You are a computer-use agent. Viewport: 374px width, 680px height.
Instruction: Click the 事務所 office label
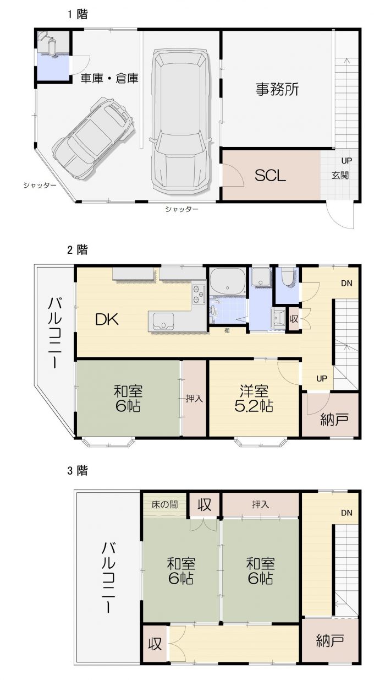(277, 89)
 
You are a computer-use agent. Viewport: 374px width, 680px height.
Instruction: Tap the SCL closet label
(270, 176)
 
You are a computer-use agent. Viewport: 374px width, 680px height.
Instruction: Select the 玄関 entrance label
(340, 175)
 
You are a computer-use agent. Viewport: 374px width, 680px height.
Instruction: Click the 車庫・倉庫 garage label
(109, 78)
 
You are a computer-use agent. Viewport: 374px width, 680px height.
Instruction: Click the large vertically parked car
(180, 121)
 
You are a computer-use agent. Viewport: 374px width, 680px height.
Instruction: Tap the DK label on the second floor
(107, 319)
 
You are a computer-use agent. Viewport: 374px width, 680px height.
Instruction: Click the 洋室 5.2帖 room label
(254, 398)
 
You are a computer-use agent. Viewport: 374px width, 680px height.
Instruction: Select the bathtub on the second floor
(228, 281)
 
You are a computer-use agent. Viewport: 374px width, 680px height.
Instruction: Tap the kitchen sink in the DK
(163, 322)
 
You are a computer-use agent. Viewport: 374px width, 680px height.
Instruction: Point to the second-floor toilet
(288, 276)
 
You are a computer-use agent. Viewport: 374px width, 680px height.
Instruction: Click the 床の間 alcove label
(164, 504)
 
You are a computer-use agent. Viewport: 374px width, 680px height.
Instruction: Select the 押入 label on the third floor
(260, 504)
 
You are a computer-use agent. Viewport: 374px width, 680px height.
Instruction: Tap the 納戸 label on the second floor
(334, 420)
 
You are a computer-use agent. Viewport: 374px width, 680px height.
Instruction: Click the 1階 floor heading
(78, 14)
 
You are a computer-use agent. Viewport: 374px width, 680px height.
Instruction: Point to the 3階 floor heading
(78, 471)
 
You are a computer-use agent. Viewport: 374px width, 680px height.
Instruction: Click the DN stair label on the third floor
(346, 513)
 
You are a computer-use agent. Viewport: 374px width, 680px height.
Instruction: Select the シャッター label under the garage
(182, 209)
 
